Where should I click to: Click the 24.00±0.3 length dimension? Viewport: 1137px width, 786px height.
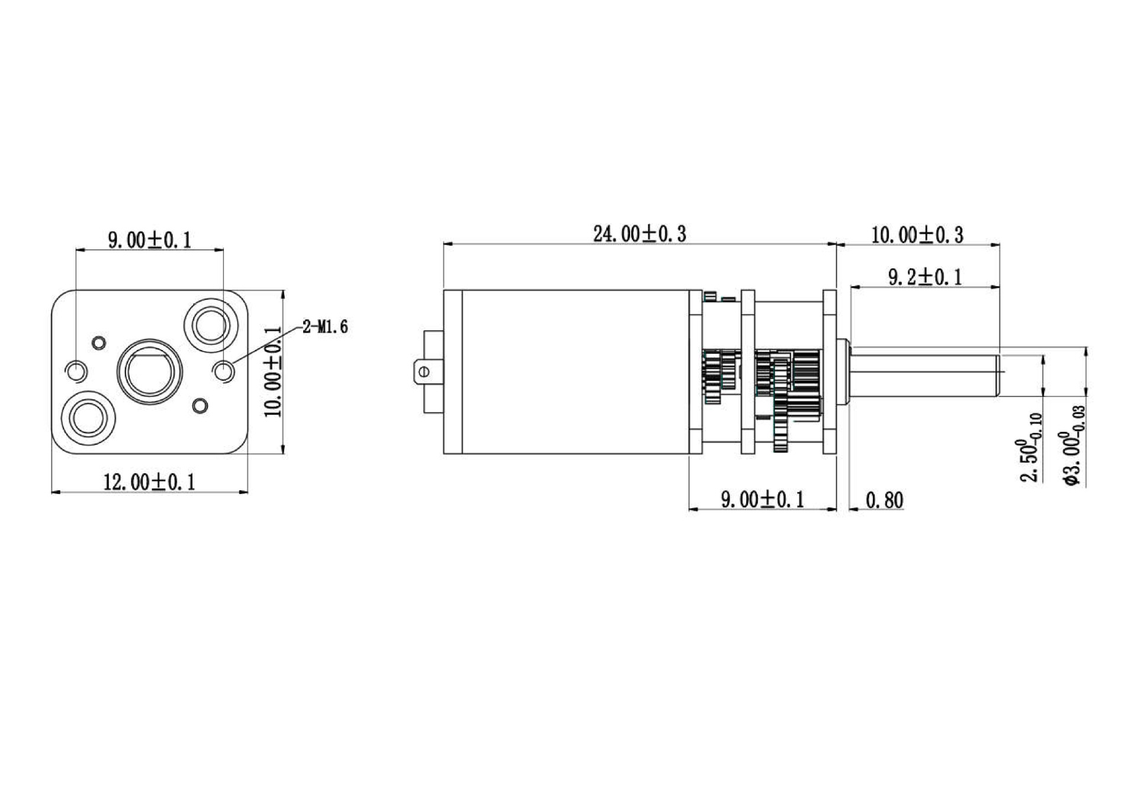point(640,234)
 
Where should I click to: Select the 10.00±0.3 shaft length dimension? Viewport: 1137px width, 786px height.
point(917,235)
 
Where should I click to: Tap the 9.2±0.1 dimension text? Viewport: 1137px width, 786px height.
point(925,277)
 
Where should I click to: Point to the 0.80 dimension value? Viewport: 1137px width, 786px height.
point(885,501)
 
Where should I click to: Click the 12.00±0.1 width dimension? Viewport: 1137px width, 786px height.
point(149,482)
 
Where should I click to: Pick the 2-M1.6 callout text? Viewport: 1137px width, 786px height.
point(325,327)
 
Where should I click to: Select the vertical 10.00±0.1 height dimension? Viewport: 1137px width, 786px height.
point(274,372)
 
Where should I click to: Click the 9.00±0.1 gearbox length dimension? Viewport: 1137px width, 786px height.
point(763,500)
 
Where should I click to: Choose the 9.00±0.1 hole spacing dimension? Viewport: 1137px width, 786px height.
point(149,240)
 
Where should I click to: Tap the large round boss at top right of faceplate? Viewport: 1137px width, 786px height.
point(211,325)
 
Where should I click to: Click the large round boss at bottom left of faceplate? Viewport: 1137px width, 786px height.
point(88,416)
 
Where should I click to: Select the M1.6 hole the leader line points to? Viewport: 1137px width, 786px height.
point(224,371)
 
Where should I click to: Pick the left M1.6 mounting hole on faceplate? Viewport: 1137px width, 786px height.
point(76,371)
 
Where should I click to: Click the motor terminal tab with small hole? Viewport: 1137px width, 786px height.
point(423,372)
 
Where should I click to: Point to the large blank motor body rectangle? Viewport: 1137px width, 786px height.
point(574,372)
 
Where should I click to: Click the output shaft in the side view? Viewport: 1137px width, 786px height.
point(924,372)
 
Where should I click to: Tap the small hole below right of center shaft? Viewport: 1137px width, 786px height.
point(201,405)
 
